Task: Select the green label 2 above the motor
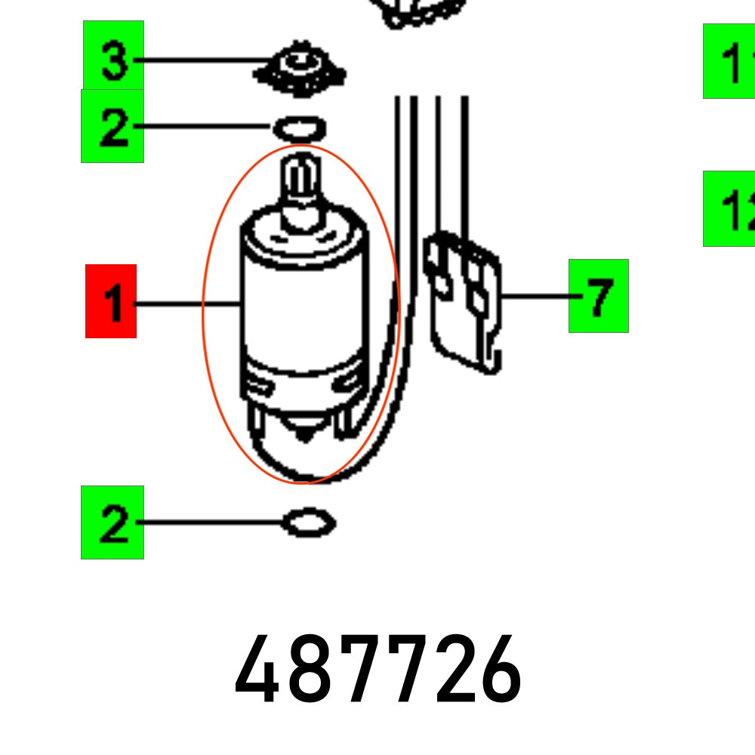(112, 126)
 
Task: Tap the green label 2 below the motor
(112, 522)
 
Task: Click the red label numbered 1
(111, 301)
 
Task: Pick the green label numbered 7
(599, 296)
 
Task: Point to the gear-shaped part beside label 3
(301, 69)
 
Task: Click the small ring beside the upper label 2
(299, 128)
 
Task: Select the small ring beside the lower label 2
(307, 522)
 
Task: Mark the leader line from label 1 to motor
(187, 304)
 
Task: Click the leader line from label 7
(536, 296)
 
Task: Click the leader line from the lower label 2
(211, 522)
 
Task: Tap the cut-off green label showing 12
(729, 208)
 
